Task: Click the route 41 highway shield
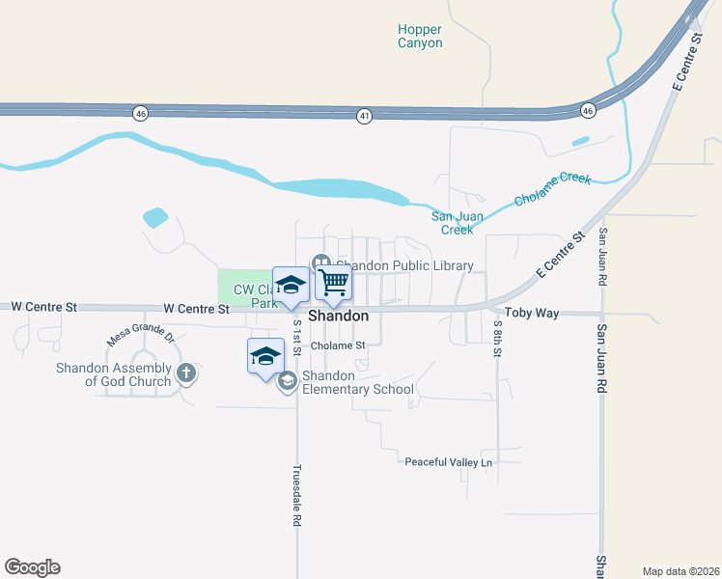364,116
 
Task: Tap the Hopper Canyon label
420,36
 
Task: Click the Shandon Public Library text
404,265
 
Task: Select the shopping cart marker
333,283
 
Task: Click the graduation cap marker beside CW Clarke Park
291,285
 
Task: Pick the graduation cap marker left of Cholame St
266,357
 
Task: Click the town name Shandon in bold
338,316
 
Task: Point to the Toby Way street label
532,314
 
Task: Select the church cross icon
186,372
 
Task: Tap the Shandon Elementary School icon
287,382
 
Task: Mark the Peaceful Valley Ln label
448,462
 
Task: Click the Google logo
32,567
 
